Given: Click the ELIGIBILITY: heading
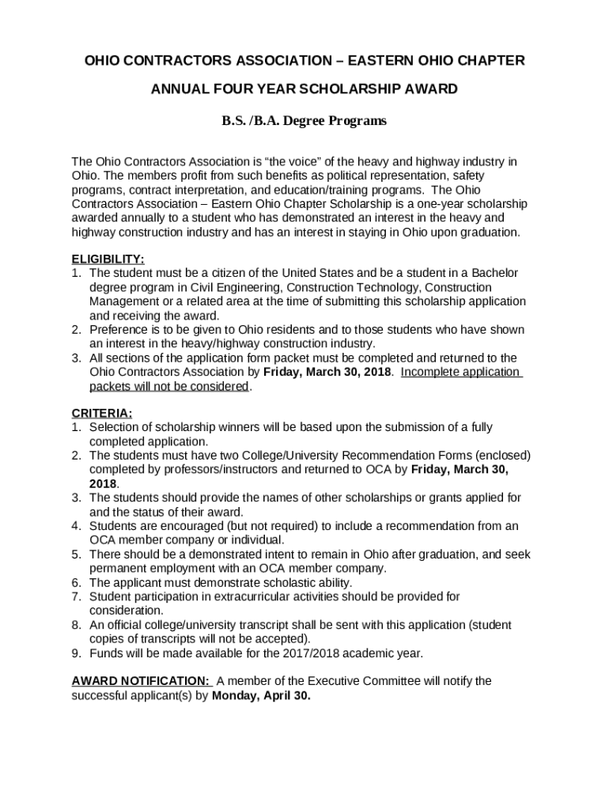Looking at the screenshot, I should pyautogui.click(x=108, y=259).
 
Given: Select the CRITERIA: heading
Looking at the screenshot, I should pyautogui.click(x=102, y=413).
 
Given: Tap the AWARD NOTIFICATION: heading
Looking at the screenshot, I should pyautogui.click(x=141, y=680).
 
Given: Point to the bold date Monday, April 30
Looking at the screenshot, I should pyautogui.click(x=261, y=696).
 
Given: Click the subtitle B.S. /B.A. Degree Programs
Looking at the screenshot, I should pyautogui.click(x=304, y=121).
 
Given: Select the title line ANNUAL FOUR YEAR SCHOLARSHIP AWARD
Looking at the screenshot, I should pyautogui.click(x=304, y=89).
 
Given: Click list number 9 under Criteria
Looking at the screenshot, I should pyautogui.click(x=76, y=653).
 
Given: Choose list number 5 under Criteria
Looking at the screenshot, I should pyautogui.click(x=76, y=554).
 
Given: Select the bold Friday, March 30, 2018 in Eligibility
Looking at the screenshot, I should pyautogui.click(x=326, y=372).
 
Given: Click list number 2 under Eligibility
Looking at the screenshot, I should pyautogui.click(x=76, y=330).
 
